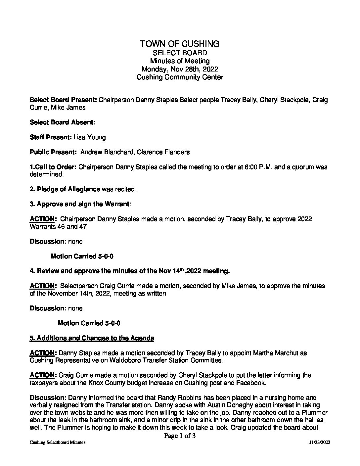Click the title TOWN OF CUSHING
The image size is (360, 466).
click(180, 44)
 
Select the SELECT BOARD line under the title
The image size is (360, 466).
click(180, 53)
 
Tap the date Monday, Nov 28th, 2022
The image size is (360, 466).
click(180, 69)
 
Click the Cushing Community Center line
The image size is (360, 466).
click(180, 77)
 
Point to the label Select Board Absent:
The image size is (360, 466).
click(63, 122)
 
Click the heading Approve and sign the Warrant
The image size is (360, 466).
click(83, 204)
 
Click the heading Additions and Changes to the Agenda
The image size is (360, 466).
click(92, 338)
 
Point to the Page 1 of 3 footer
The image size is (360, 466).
click(180, 436)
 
